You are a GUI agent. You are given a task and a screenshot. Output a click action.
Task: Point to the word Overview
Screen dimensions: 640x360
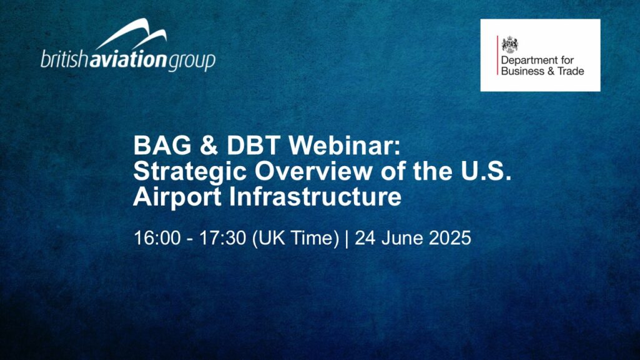coord(313,171)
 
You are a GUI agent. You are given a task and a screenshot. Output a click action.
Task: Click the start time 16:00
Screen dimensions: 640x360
coord(157,238)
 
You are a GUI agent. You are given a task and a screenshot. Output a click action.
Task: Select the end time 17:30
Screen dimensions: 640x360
coord(222,238)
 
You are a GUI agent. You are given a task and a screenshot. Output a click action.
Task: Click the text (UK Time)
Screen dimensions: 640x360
coord(295,238)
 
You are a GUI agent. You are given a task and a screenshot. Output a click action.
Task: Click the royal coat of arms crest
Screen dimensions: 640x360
coord(510,44)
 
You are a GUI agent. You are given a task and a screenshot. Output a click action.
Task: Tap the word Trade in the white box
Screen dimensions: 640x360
coord(570,71)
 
